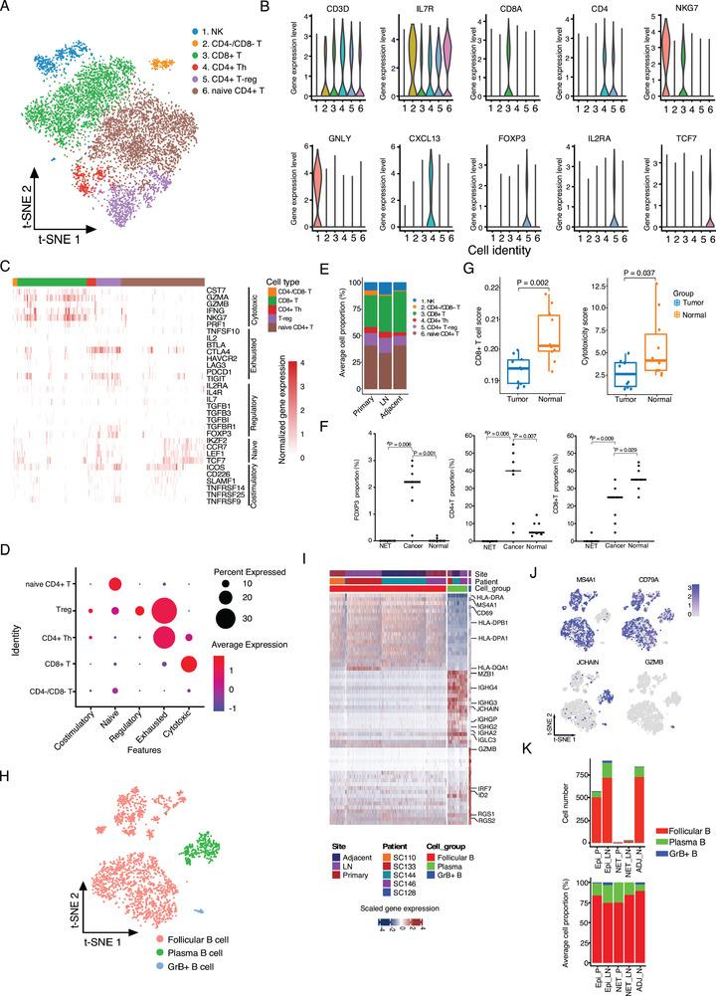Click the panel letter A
[8, 9]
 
